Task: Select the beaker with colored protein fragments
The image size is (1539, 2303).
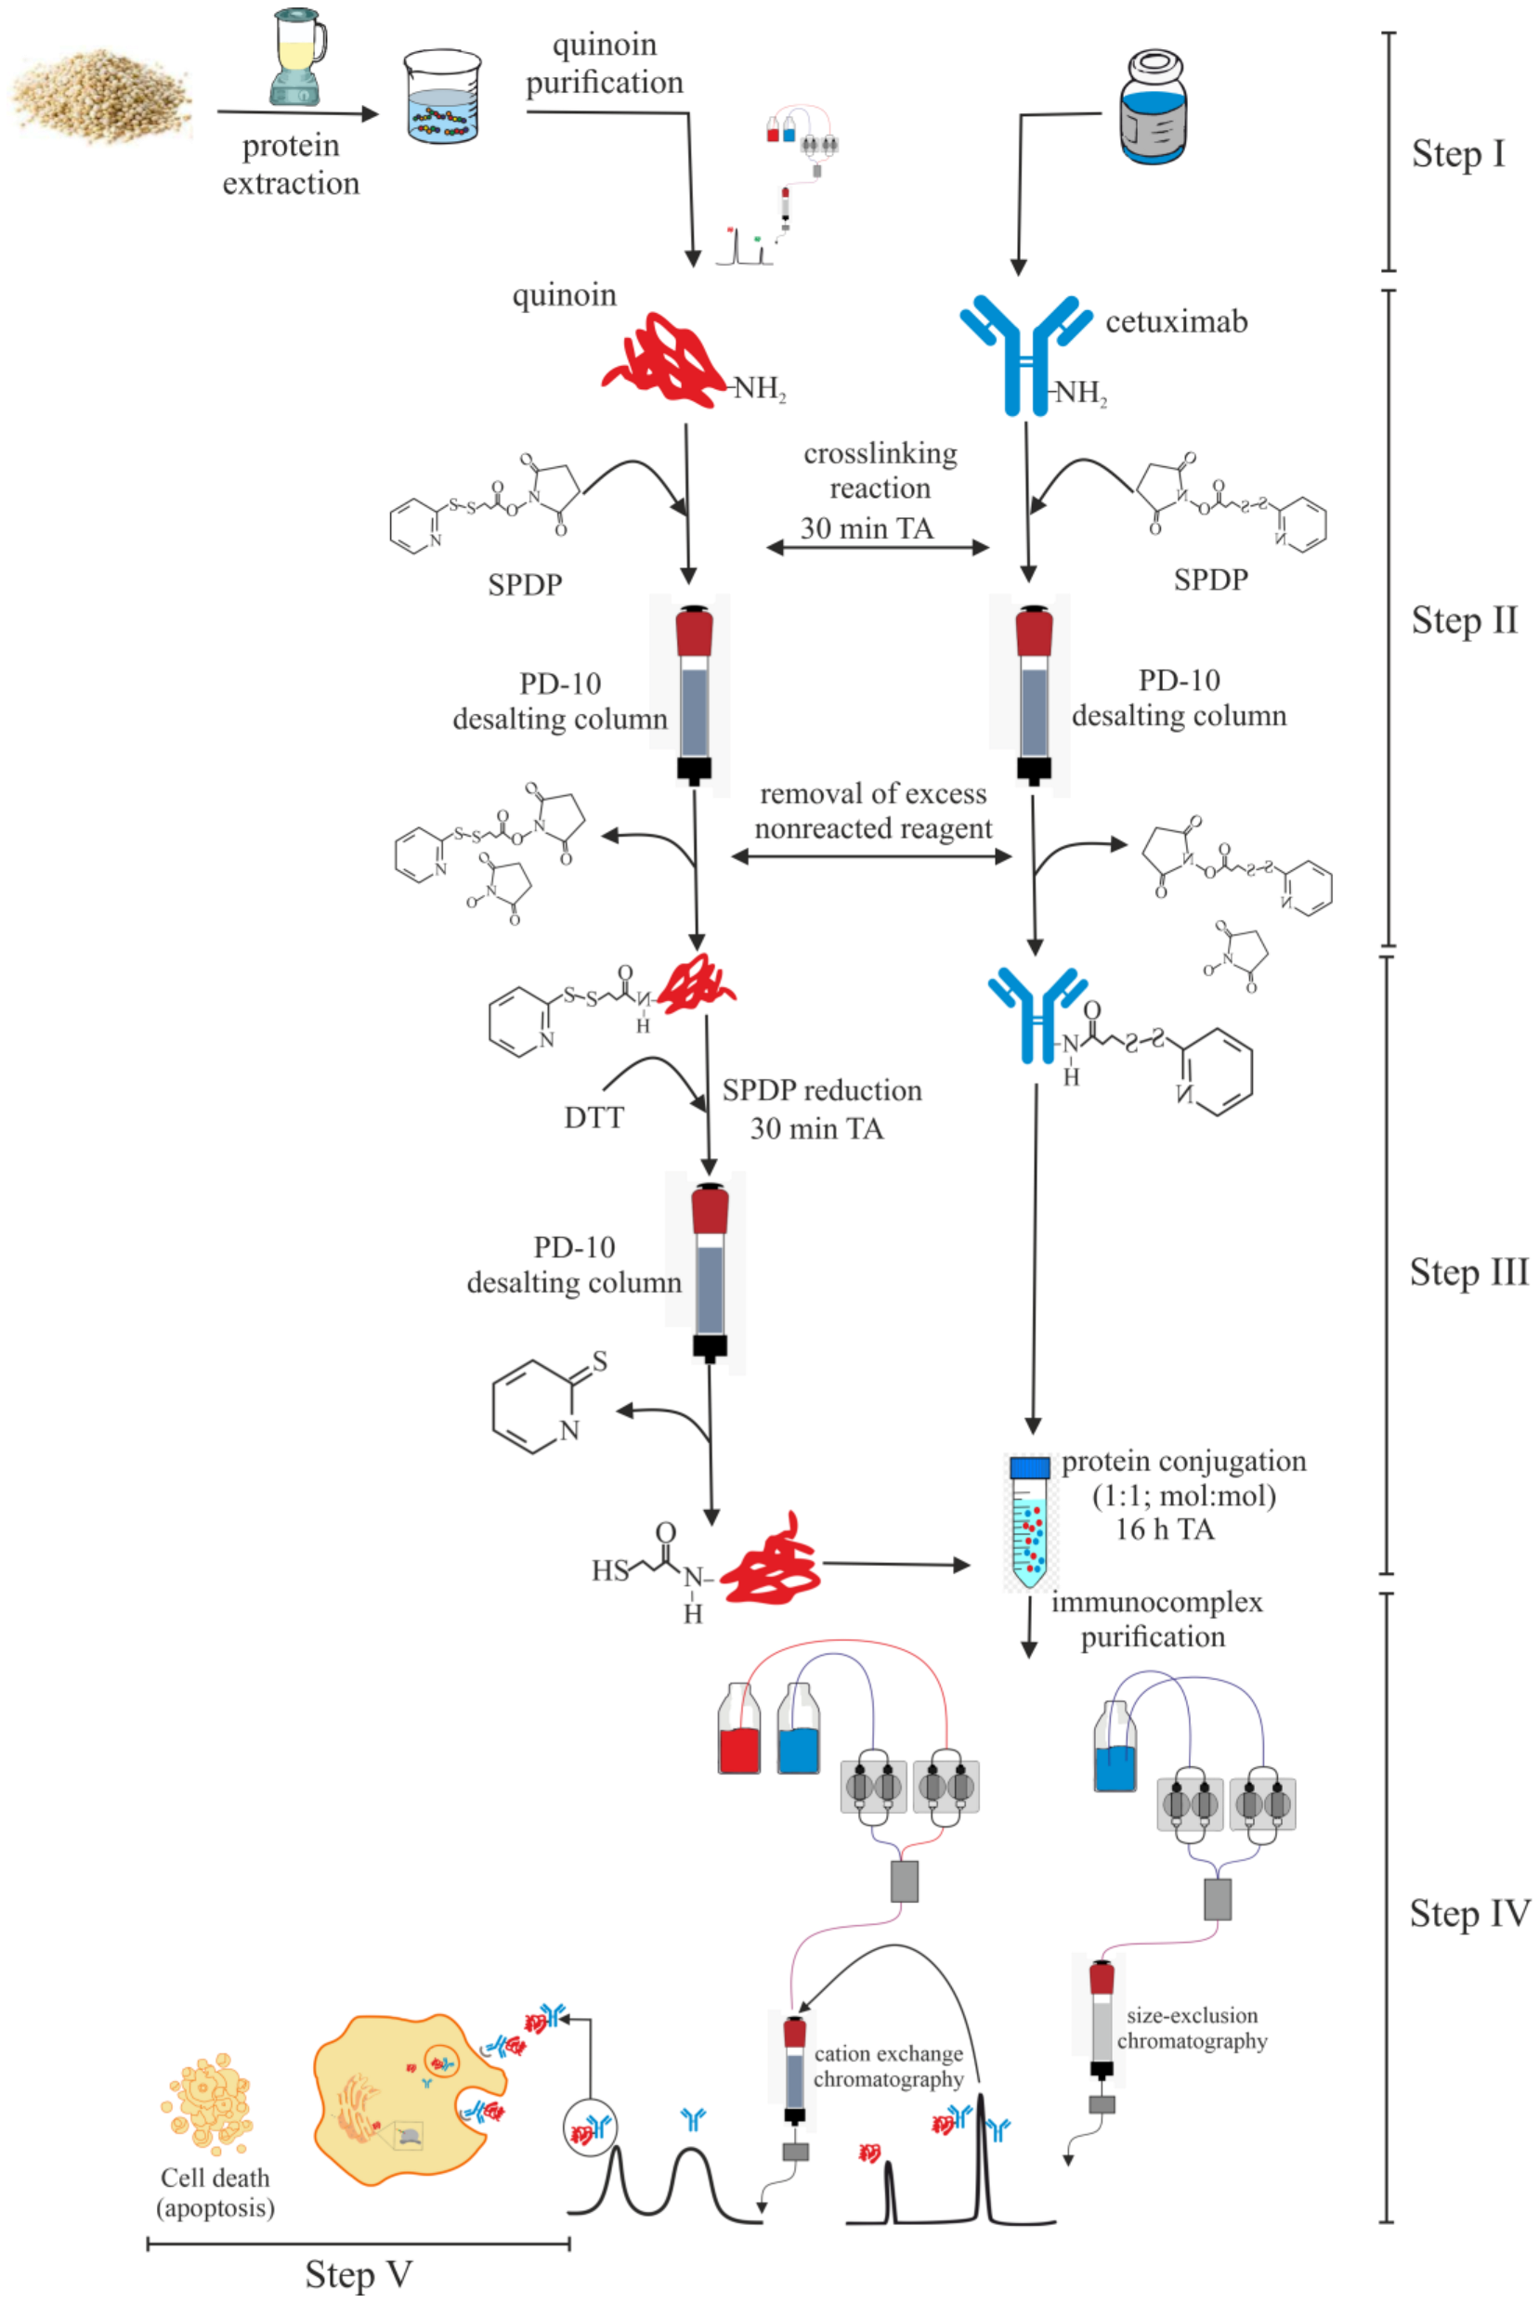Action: [x=443, y=101]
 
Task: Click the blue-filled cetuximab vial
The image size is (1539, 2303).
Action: [x=1153, y=109]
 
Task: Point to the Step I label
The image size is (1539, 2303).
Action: [x=1457, y=154]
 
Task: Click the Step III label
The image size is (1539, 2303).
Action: [x=1468, y=1271]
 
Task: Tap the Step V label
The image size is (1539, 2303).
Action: [x=359, y=2273]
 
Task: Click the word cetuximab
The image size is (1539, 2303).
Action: [x=1176, y=322]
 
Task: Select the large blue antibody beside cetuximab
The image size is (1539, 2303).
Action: [x=1024, y=353]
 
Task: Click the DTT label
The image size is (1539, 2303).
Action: [x=593, y=1118]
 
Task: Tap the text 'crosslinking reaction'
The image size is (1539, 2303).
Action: [x=880, y=470]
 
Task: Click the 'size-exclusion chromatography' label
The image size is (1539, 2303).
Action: [x=1192, y=2027]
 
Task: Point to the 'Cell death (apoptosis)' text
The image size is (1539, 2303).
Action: [x=215, y=2192]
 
